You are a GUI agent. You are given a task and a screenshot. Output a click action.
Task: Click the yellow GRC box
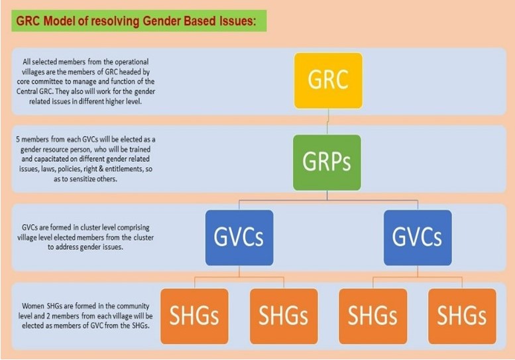(329, 81)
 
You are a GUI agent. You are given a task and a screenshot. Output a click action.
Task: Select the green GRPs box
(327, 162)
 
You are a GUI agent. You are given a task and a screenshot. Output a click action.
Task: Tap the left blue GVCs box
(239, 237)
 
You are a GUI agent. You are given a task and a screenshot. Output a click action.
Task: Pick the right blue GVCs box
(418, 237)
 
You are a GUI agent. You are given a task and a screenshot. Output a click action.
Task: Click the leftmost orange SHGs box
(194, 316)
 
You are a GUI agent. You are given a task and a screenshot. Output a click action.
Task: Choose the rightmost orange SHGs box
(462, 316)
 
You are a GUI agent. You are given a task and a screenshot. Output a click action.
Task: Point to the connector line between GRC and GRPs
(328, 122)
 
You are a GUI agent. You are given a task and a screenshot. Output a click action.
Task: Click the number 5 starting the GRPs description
(18, 139)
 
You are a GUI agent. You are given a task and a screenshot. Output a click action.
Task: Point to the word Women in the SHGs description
(33, 306)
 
